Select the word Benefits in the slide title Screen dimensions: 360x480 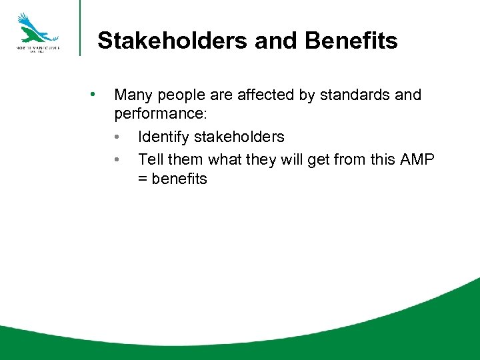pos(351,41)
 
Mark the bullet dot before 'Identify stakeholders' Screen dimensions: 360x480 pos(117,137)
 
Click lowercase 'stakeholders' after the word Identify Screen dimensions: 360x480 pos(238,137)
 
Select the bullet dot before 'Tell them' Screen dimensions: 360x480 pos(117,158)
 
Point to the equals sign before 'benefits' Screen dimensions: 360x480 pos(143,179)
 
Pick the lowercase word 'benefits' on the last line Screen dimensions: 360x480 pos(179,179)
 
